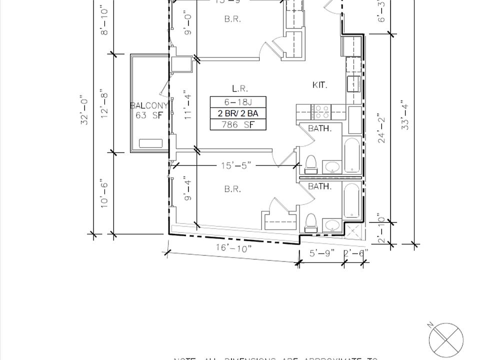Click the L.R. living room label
[x=240, y=88]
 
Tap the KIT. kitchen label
[x=319, y=85]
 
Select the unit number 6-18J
[x=237, y=102]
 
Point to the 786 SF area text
[x=237, y=124]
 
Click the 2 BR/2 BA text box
[x=237, y=113]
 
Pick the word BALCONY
[x=148, y=105]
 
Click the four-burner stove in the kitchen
[x=320, y=109]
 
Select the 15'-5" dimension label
[x=234, y=166]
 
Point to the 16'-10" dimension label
[x=233, y=248]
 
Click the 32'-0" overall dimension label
[x=85, y=111]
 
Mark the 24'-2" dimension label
[x=382, y=129]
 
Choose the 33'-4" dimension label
[x=405, y=116]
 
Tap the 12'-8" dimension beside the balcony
[x=104, y=103]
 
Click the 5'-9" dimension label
[x=320, y=253]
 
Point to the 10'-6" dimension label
[x=104, y=193]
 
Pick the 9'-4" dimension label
[x=188, y=189]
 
